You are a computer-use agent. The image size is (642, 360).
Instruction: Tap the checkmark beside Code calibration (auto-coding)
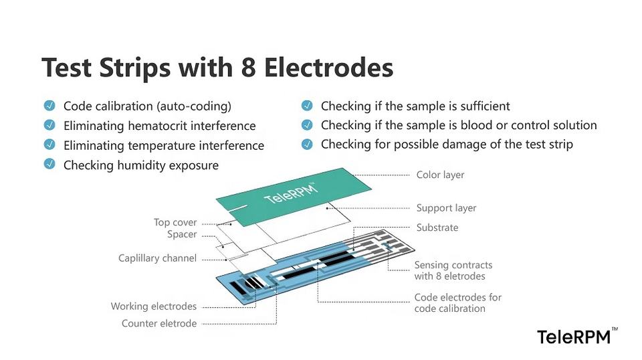point(49,106)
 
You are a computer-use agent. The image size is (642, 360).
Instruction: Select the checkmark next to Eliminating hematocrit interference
point(49,125)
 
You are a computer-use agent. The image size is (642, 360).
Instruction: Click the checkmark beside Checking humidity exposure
point(49,164)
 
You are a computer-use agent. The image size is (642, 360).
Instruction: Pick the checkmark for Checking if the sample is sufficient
point(307,106)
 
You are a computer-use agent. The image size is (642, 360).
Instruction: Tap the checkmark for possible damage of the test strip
point(307,144)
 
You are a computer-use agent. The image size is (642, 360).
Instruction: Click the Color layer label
point(440,175)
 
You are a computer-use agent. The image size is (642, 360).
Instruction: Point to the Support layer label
point(446,208)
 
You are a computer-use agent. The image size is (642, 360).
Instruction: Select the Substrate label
point(437,228)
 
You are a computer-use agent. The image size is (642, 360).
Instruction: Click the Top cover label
point(175,222)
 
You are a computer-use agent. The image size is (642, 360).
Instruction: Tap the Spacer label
point(182,234)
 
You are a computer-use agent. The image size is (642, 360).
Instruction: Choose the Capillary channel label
point(157,258)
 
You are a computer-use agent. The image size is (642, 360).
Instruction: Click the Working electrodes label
point(154,306)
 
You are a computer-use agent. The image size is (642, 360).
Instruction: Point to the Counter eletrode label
point(159,323)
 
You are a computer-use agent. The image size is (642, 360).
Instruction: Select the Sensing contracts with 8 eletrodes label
point(453,270)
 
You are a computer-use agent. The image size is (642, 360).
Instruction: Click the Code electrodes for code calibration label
point(457,302)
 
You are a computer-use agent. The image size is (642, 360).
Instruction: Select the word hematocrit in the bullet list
point(155,126)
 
